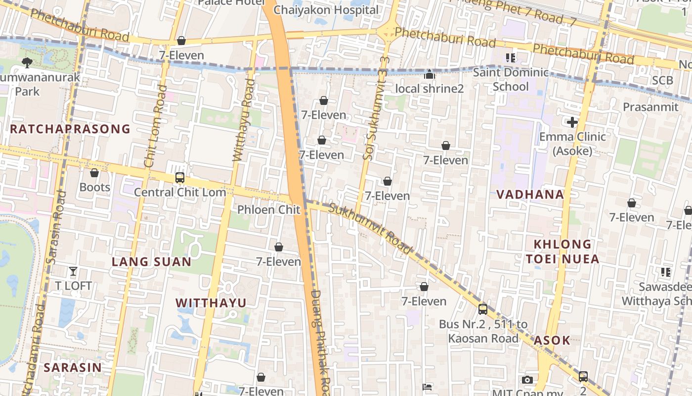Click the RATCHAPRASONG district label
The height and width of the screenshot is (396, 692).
(70, 129)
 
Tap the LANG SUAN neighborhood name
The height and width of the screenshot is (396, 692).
(151, 262)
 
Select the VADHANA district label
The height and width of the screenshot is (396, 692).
(530, 195)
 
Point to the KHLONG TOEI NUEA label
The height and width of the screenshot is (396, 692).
(562, 251)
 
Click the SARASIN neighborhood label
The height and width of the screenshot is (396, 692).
(73, 367)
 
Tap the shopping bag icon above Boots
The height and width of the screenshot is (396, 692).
(94, 173)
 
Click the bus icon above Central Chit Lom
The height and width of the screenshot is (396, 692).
(180, 178)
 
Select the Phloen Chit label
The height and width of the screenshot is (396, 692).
(268, 210)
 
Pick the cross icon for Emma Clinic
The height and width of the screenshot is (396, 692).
(572, 122)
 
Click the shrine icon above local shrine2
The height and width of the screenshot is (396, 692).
(430, 75)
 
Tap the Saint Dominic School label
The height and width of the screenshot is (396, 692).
(511, 80)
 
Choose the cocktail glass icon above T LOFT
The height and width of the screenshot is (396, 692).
(73, 271)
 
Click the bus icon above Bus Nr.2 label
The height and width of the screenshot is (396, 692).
(483, 309)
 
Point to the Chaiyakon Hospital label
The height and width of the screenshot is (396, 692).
(326, 10)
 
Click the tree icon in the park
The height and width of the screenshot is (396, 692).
(27, 62)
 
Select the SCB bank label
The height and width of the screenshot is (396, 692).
(662, 80)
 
